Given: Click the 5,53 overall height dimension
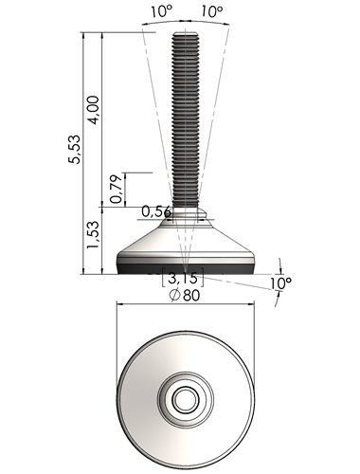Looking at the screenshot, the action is (75, 149).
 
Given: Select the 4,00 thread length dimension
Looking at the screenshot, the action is (94, 110).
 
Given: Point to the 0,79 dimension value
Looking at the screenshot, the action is (116, 189).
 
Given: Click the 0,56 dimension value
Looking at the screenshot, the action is (156, 211).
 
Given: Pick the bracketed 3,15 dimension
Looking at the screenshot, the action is (182, 278).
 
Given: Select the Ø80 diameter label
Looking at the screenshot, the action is (185, 295).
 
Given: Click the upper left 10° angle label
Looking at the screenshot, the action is (162, 11).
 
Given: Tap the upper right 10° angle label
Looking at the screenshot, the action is (212, 11).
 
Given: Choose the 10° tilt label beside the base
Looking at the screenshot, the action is (280, 283).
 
